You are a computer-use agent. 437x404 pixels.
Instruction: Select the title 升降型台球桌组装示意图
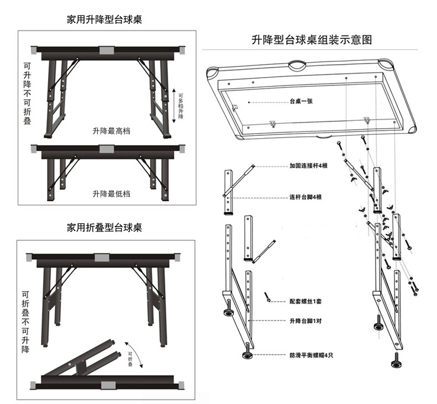pyautogui.click(x=311, y=40)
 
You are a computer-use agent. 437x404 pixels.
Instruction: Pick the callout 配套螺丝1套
pyautogui.click(x=305, y=301)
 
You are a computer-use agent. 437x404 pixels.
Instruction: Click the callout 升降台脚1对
pyautogui.click(x=305, y=321)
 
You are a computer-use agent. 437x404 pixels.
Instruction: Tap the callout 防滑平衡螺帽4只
pyautogui.click(x=311, y=355)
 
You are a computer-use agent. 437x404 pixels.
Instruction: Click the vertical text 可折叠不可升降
pyautogui.click(x=25, y=322)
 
